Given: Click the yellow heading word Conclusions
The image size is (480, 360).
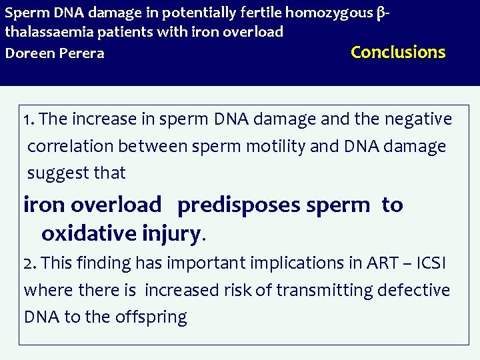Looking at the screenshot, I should point(398,52).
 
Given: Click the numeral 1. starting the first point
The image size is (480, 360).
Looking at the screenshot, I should point(29,120).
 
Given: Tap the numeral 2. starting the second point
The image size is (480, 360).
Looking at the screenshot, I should point(31,263).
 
